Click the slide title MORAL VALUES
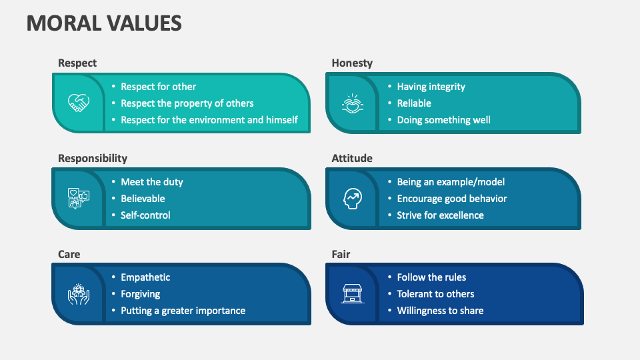point(104,23)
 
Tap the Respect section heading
point(77,63)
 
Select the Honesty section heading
point(352,63)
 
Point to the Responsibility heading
point(93,158)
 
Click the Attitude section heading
point(352,158)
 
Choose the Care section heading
point(69,254)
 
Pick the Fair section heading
point(341,254)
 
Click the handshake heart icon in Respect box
point(78,103)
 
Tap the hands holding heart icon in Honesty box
point(351,103)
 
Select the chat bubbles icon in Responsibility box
point(78,198)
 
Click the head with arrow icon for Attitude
point(351,198)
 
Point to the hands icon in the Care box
point(78,294)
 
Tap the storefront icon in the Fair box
point(351,294)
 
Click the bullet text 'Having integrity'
point(431,87)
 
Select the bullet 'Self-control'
point(145,215)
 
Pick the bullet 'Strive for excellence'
point(440,215)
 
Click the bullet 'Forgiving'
point(140,294)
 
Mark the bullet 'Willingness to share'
point(440,311)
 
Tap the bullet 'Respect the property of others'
point(187,103)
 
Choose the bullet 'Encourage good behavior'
point(451,199)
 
